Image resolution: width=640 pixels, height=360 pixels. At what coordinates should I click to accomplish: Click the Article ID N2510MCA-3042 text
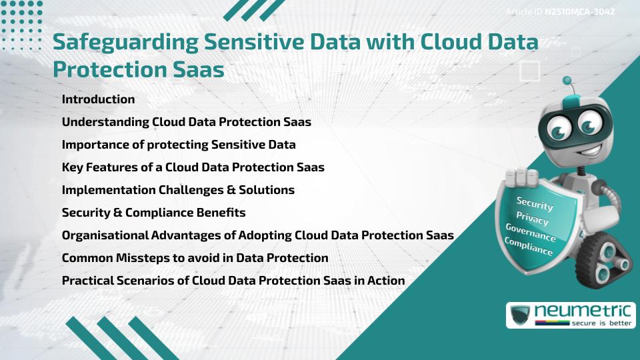(x=559, y=12)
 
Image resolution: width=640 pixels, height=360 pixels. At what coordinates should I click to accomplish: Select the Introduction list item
(x=98, y=99)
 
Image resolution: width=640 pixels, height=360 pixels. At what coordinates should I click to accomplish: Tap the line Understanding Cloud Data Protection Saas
(x=186, y=122)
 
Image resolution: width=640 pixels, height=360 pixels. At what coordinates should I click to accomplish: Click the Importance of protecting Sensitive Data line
(x=179, y=145)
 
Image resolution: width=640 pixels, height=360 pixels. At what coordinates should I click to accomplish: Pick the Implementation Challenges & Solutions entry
(x=178, y=190)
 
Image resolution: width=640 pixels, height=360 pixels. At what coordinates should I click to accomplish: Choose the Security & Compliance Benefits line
(x=153, y=213)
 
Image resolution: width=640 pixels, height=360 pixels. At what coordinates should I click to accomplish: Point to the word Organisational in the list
(x=104, y=235)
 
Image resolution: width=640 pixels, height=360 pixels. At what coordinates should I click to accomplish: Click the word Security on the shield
(x=535, y=203)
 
